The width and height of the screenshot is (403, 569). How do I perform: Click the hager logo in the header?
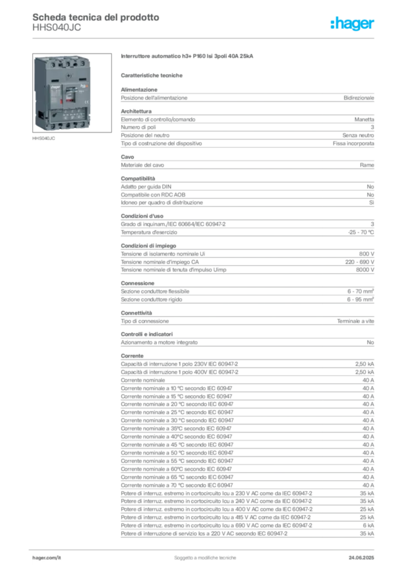[352, 24]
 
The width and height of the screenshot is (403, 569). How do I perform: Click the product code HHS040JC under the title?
[57, 28]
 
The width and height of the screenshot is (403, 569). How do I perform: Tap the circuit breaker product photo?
[72, 93]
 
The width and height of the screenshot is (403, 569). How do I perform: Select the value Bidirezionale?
[358, 98]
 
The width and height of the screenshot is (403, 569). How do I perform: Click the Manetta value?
[364, 119]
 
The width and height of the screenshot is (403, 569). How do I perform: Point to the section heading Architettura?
[136, 111]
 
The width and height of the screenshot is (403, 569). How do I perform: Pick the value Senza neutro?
[358, 136]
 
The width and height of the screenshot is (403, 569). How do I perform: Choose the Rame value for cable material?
[367, 165]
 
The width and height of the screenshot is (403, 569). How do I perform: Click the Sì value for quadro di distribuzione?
[371, 202]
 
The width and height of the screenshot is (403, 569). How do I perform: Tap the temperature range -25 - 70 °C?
[361, 232]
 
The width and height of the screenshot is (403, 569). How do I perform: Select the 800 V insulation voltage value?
[367, 254]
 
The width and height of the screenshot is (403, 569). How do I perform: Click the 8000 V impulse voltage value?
[365, 270]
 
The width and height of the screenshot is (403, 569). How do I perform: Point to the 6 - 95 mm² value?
[361, 300]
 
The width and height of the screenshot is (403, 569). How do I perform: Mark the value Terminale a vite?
[355, 321]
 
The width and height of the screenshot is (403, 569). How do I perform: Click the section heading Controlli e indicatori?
[147, 334]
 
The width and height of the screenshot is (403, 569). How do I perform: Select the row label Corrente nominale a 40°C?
[176, 437]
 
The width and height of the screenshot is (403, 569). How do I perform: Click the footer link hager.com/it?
[47, 558]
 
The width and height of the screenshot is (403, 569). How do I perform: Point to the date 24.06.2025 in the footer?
[361, 558]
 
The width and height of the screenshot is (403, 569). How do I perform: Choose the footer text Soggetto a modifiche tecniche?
[205, 558]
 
